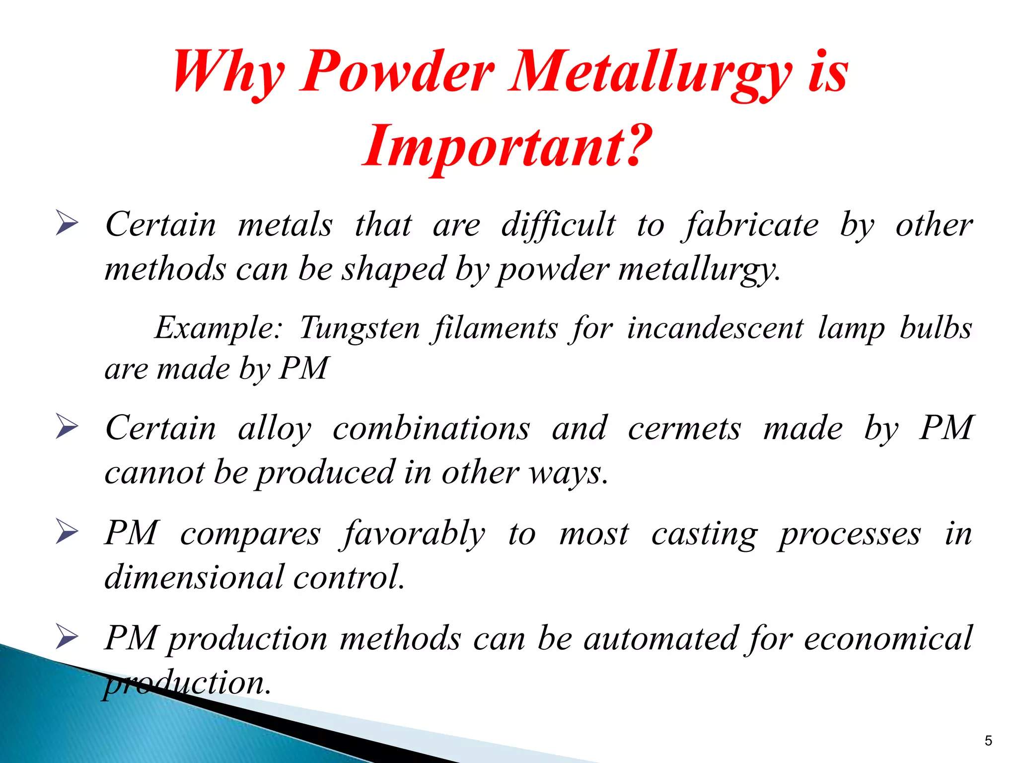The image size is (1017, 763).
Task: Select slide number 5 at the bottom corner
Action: pos(988,741)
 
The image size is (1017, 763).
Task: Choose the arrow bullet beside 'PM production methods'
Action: pos(67,637)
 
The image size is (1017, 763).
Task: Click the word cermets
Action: pos(684,428)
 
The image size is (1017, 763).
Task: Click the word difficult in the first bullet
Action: pos(558,225)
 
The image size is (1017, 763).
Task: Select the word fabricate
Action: pos(751,225)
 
